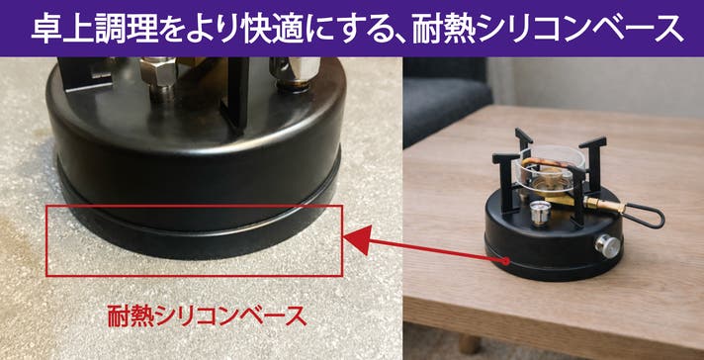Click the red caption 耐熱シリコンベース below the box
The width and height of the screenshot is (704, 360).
207,315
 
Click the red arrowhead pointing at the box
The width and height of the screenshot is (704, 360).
358,239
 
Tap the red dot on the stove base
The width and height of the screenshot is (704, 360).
506,261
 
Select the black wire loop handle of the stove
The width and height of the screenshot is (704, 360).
645,216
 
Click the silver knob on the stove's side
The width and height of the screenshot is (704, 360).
607,246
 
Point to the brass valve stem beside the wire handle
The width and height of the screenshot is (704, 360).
604,205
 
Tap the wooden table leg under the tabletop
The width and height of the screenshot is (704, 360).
470,343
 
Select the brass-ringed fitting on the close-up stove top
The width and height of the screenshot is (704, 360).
294,74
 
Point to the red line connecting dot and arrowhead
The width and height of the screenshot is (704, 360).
439,250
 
